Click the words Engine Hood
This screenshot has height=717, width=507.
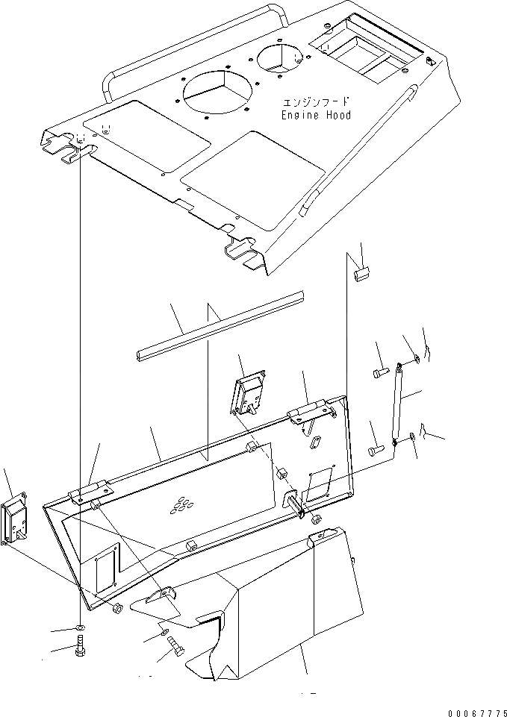(x=316, y=116)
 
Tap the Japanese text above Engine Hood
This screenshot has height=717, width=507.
(x=316, y=102)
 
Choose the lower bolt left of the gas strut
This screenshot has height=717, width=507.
(x=376, y=449)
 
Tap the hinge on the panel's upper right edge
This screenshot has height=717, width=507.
(x=308, y=409)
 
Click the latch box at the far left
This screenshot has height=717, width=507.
(x=15, y=521)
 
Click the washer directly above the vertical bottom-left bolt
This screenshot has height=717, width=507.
(x=80, y=624)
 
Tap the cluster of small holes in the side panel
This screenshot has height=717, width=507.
(x=179, y=507)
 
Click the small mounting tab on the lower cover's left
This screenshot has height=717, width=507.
(x=164, y=592)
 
